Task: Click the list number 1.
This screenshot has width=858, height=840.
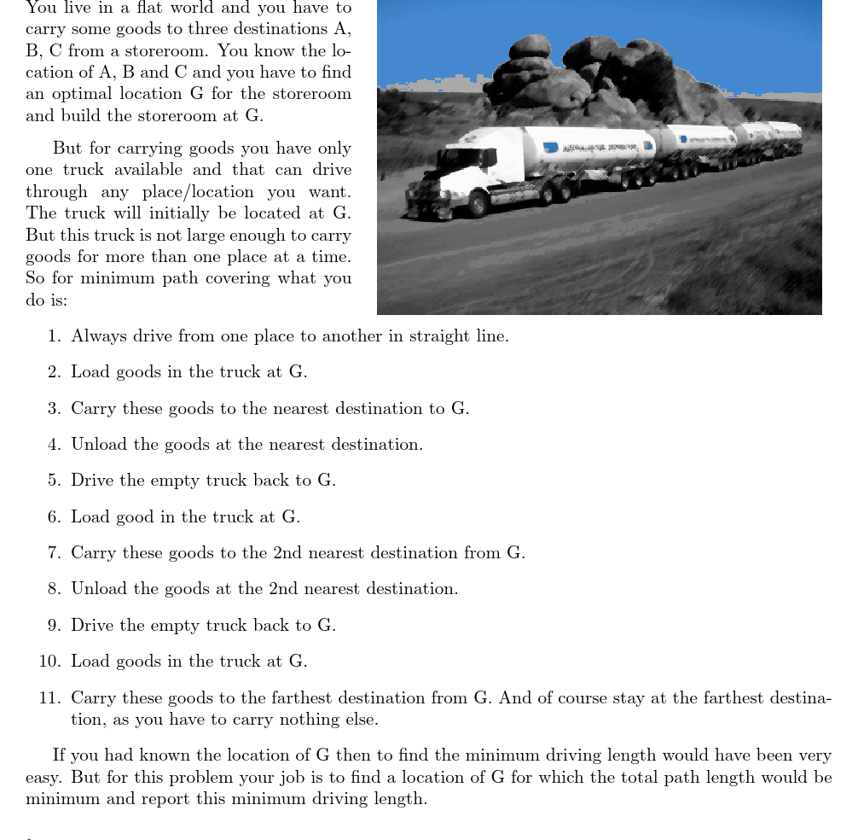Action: (55, 336)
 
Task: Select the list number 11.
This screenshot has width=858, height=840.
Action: (49, 698)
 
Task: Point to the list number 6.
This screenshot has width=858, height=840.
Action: (55, 517)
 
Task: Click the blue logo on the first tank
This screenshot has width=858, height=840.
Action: (551, 147)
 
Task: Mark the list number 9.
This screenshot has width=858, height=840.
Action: (55, 626)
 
